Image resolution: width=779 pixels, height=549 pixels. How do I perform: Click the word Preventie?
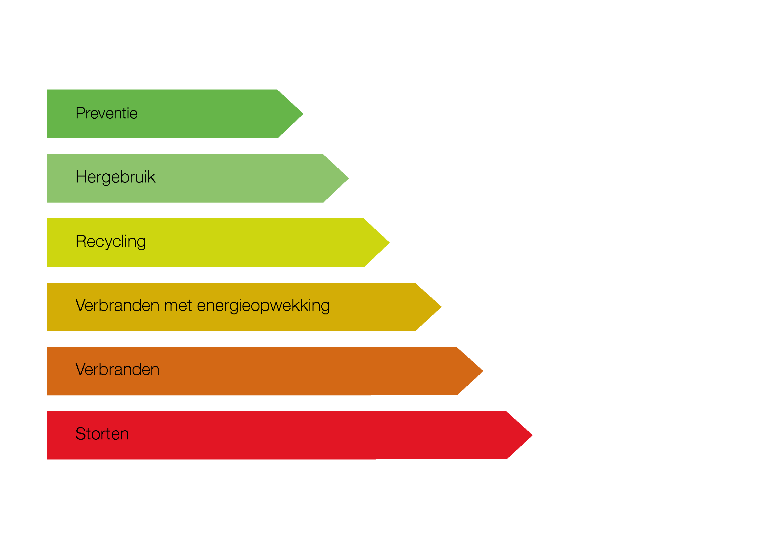[106, 113]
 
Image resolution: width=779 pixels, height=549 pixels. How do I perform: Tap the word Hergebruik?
[115, 177]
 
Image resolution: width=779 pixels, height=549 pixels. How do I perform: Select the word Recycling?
[111, 242]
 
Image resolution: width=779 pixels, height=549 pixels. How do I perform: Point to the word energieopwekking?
[263, 306]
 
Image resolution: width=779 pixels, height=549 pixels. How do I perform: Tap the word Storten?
[102, 434]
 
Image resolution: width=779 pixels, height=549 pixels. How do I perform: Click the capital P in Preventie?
[80, 113]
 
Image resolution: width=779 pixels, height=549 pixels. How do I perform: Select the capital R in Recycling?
[81, 241]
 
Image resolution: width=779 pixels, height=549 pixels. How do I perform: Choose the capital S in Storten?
[80, 434]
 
